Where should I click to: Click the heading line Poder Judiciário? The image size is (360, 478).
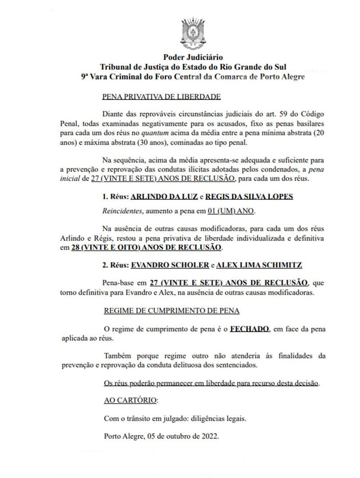pyautogui.click(x=193, y=57)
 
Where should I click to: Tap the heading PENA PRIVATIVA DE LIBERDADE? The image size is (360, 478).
pyautogui.click(x=161, y=97)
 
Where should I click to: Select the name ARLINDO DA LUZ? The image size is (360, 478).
pyautogui.click(x=164, y=197)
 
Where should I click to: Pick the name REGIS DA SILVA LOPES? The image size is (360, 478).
pyautogui.click(x=249, y=197)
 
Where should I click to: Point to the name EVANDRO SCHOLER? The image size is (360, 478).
pyautogui.click(x=170, y=265)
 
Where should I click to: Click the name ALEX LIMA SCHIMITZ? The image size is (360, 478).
pyautogui.click(x=259, y=265)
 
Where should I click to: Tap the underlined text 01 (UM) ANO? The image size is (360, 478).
pyautogui.click(x=231, y=211)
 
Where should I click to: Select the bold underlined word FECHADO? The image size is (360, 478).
pyautogui.click(x=249, y=329)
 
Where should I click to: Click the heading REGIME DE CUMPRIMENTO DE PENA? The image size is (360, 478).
pyautogui.click(x=172, y=311)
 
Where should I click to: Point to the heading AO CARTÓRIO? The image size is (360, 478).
pyautogui.click(x=131, y=400)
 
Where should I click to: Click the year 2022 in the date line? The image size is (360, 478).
pyautogui.click(x=210, y=436)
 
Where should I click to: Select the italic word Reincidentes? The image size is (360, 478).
pyautogui.click(x=122, y=211)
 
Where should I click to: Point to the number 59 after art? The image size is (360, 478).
pyautogui.click(x=283, y=114)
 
